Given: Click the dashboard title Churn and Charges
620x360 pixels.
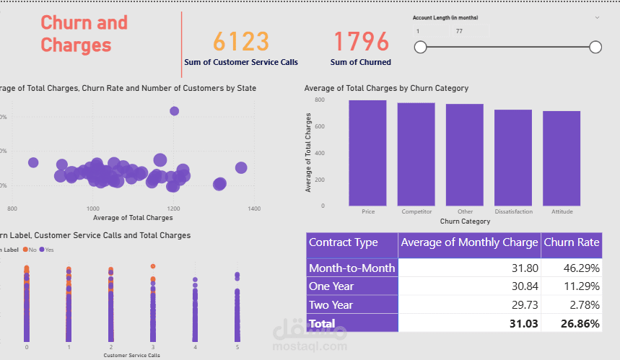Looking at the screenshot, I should pos(84,34).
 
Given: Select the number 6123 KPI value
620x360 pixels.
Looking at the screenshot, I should pos(241,41).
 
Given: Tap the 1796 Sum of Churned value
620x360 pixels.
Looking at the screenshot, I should pos(361,41).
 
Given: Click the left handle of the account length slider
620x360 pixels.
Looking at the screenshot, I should pos(420,48).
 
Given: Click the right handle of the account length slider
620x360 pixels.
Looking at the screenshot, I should pos(595,48).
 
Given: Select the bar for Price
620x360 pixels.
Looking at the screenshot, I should pos(367,153).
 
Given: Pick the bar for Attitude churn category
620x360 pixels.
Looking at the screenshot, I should pos(562,159).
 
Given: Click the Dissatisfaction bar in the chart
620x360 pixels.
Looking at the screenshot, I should pos(513,158).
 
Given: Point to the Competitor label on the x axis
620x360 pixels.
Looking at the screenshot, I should pos(416,212).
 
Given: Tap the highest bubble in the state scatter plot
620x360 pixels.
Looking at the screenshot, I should pos(174,111).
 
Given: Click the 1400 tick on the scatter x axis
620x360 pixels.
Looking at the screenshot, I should pos(253,208).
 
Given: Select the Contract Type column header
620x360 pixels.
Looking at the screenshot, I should pos(344,242).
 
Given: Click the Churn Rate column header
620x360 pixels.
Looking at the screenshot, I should pos(571,242).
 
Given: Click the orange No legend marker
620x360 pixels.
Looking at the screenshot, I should pos(25,250).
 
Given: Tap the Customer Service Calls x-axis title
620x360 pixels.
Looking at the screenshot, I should pos(131,356).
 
